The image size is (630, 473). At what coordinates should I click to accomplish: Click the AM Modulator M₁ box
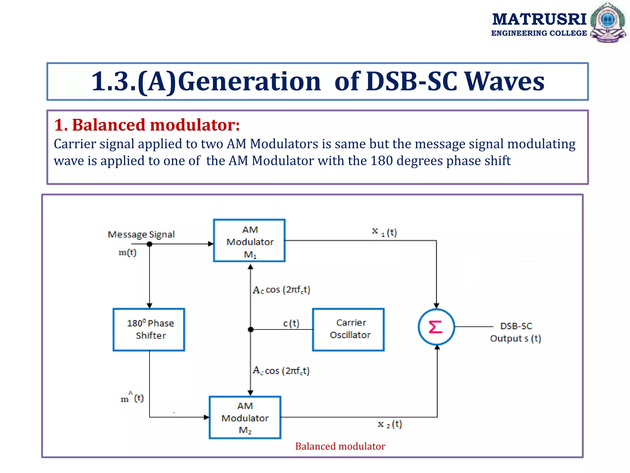[249, 241]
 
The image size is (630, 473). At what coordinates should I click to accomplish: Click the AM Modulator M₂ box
[245, 417]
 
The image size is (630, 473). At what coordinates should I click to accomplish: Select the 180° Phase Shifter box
[149, 329]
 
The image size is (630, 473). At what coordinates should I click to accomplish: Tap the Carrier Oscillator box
[348, 329]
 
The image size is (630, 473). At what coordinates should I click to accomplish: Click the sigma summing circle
[436, 327]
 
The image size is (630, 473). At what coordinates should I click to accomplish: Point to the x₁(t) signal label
[385, 232]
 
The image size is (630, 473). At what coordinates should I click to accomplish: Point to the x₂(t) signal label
[390, 424]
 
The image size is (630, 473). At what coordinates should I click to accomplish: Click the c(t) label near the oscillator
[291, 323]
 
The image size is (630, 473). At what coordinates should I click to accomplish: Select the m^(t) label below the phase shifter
[132, 398]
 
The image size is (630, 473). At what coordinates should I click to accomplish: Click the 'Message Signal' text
[141, 234]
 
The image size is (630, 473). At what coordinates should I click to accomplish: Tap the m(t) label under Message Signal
[127, 253]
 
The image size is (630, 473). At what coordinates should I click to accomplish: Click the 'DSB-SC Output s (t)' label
[516, 332]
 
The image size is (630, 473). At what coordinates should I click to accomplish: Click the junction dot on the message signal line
[150, 244]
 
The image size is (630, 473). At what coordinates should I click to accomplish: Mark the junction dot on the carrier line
[251, 329]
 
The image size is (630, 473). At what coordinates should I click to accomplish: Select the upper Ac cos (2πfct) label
[281, 290]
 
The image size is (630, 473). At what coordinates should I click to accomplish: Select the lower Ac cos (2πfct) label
[281, 370]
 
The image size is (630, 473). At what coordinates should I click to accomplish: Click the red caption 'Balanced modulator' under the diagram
[340, 446]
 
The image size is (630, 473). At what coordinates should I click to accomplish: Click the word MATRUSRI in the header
[539, 19]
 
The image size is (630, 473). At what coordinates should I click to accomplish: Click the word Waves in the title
[504, 81]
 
